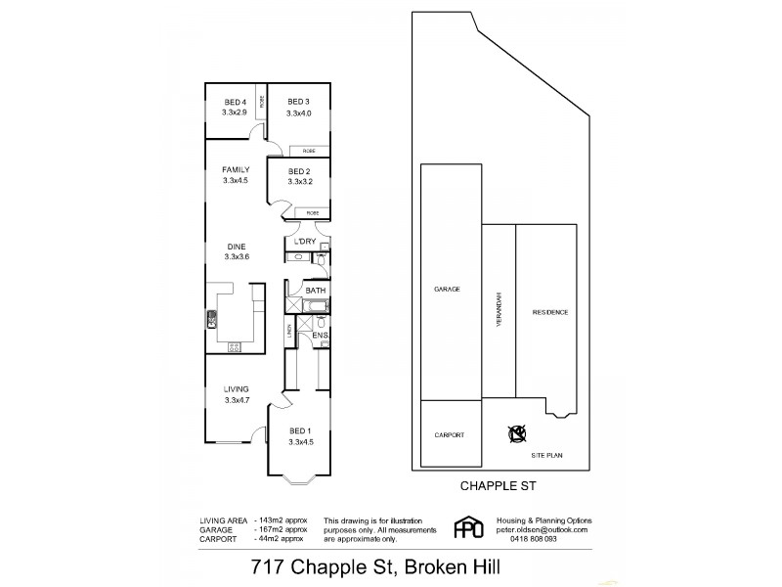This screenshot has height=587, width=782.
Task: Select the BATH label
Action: click(315, 291)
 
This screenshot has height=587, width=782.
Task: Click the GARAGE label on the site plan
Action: click(448, 290)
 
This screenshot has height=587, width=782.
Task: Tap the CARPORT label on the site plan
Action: click(448, 435)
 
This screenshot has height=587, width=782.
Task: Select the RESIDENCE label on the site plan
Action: click(549, 313)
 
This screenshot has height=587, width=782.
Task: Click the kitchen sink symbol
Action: click(211, 318)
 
